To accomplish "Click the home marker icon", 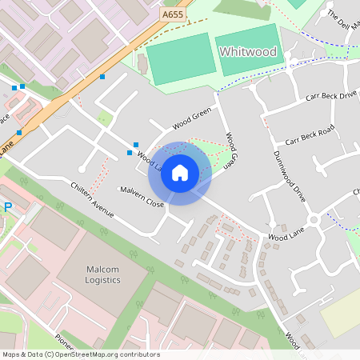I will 180,173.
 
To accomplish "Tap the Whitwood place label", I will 247,52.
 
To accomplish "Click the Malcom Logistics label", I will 102,275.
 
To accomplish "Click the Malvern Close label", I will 142,198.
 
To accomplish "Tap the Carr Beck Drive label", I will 330,96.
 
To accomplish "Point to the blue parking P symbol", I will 8,207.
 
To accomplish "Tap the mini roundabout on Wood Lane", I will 314,219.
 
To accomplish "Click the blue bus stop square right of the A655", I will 102,77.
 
